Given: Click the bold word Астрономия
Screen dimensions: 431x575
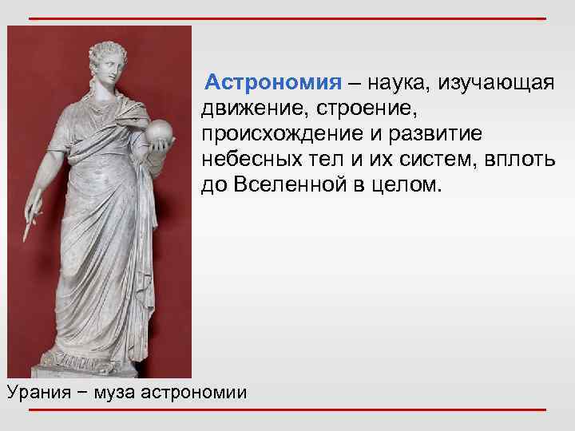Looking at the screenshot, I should coord(272,83).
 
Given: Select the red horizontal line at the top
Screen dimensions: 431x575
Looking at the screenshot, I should coord(287,18).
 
